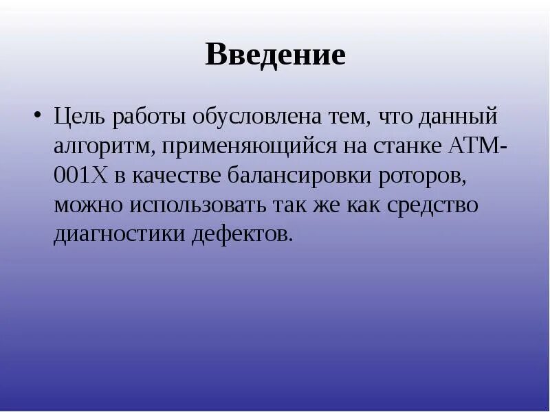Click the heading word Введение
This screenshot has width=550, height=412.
click(275, 55)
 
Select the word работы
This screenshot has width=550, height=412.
click(144, 117)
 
